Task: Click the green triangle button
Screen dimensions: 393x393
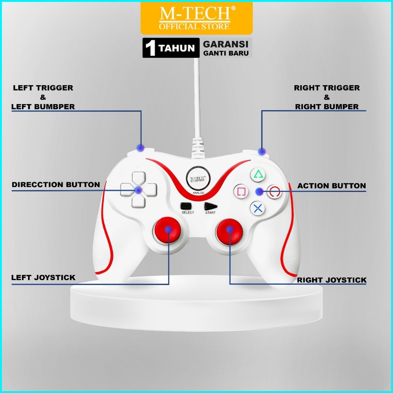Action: click(x=258, y=175)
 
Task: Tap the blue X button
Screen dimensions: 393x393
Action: click(x=258, y=208)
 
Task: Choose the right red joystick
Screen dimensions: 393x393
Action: click(x=230, y=230)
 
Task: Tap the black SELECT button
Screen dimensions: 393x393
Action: click(x=186, y=206)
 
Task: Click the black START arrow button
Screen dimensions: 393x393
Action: click(x=210, y=206)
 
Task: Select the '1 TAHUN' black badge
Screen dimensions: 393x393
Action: click(x=171, y=48)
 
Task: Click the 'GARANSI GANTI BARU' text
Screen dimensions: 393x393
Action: click(x=226, y=48)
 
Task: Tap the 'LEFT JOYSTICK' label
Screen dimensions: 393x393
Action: click(x=43, y=277)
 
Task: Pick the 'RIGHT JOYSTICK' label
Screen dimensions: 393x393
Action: click(x=331, y=280)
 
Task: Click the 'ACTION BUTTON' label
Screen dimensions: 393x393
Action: click(x=331, y=186)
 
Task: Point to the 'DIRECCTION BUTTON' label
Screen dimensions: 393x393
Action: click(x=56, y=185)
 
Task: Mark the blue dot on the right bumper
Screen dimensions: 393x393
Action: click(x=261, y=151)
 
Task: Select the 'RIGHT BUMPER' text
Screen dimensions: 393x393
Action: click(x=327, y=107)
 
